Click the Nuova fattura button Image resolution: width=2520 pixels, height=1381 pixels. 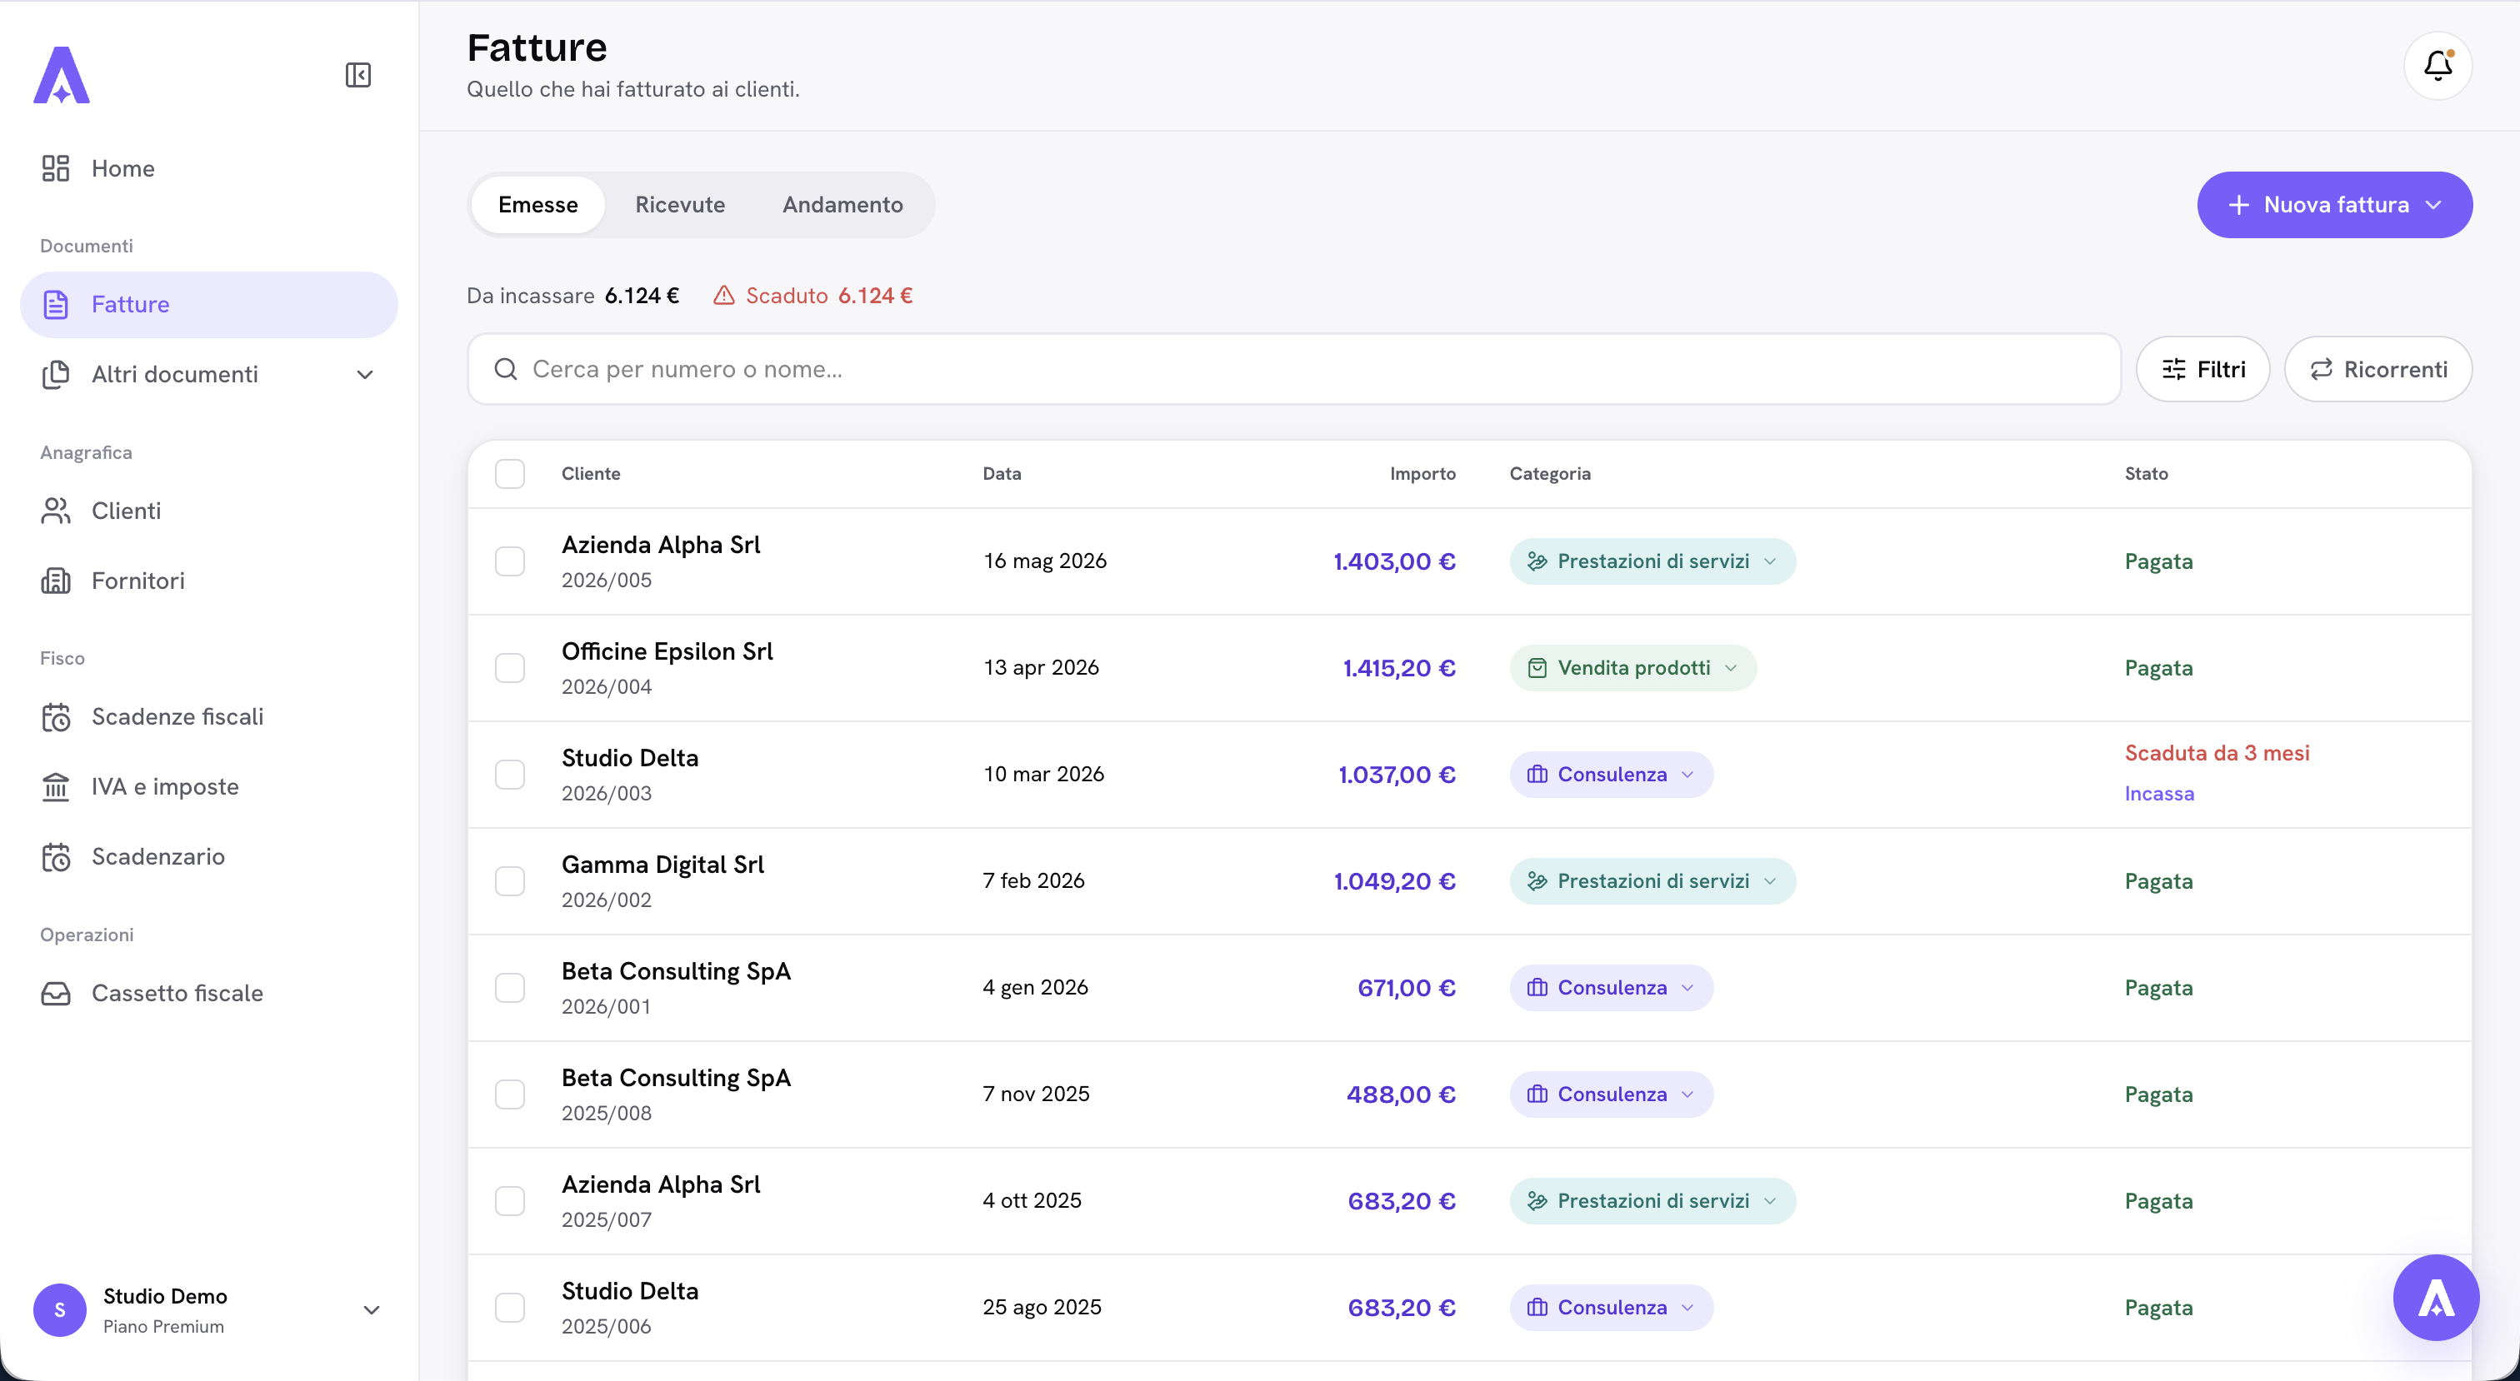click(x=2334, y=204)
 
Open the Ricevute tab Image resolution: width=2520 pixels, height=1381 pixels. click(x=680, y=204)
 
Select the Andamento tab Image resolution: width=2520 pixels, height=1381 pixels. click(x=842, y=204)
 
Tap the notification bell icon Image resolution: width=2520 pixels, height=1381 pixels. click(x=2437, y=66)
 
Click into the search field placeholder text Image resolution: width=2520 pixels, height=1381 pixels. click(x=687, y=369)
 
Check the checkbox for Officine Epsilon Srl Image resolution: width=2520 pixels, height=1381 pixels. click(x=510, y=668)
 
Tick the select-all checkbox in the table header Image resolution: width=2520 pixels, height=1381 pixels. click(x=510, y=473)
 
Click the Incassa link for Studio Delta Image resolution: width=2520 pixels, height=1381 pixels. click(x=2159, y=793)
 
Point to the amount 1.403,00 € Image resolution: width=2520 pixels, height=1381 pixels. click(x=1394, y=561)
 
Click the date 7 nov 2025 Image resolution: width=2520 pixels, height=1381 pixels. click(x=1036, y=1094)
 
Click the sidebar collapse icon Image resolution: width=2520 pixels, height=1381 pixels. click(x=358, y=75)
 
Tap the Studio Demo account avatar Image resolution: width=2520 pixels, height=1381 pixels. click(x=60, y=1309)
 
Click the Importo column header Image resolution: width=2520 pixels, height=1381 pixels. click(x=1422, y=473)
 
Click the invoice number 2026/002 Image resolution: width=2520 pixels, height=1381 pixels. click(x=607, y=900)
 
